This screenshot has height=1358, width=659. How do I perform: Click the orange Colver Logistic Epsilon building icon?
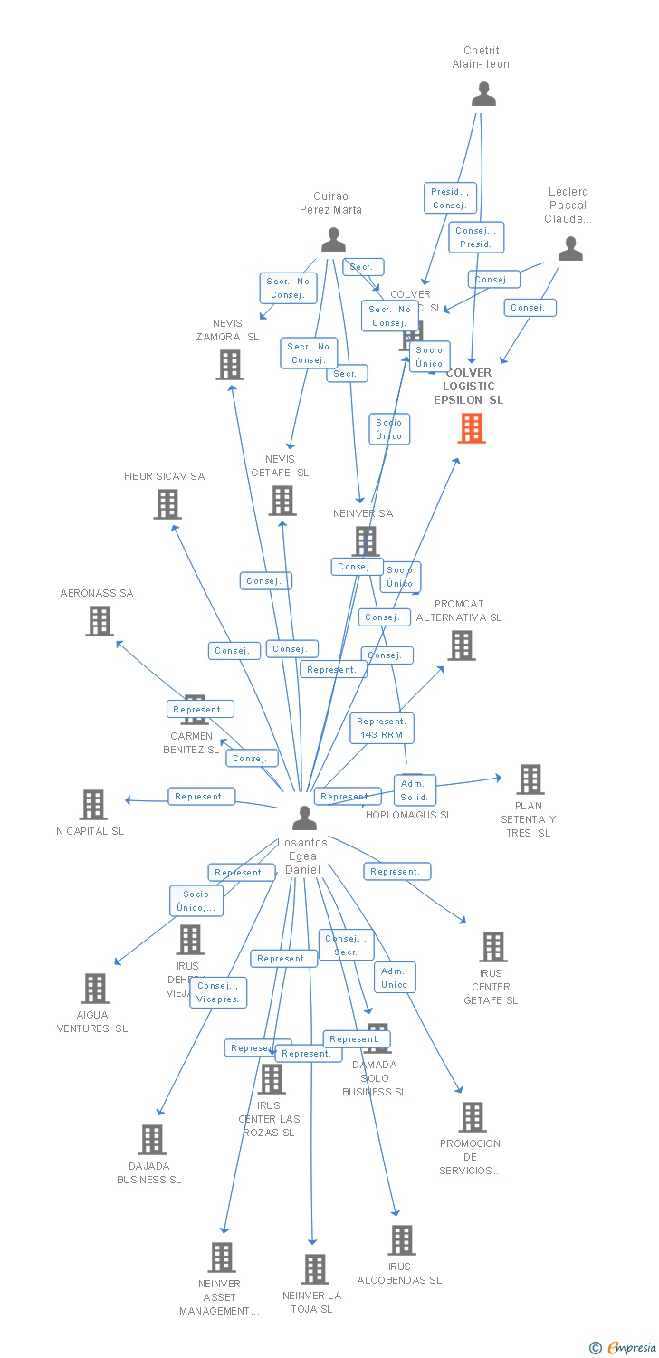(x=472, y=428)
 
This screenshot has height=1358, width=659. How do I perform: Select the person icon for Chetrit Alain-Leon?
(x=483, y=94)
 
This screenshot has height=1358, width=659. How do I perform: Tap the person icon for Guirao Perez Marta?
(x=333, y=240)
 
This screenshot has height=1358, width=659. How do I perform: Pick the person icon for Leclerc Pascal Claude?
(x=570, y=249)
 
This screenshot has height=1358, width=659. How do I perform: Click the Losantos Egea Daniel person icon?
(x=304, y=818)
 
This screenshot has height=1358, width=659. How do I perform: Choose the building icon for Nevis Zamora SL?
(x=230, y=365)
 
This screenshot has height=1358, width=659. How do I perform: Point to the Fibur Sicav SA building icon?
(x=167, y=504)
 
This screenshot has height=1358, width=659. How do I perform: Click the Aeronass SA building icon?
(x=100, y=621)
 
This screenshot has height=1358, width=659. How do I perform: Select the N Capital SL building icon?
(x=93, y=805)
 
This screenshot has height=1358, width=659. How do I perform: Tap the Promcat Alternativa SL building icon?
(x=461, y=646)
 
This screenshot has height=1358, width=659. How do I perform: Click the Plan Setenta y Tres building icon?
(x=530, y=779)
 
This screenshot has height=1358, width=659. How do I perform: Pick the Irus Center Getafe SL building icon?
(x=492, y=947)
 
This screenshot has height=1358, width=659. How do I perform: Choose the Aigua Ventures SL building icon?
(x=94, y=989)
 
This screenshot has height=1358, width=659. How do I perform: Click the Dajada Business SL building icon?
(x=152, y=1140)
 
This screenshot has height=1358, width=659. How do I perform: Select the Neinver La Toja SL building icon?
(x=314, y=1269)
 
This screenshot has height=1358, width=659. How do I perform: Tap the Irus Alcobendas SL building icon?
(x=401, y=1240)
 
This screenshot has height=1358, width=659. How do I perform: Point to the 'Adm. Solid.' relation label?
(x=414, y=790)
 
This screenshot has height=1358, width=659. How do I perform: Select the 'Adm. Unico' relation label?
(x=395, y=978)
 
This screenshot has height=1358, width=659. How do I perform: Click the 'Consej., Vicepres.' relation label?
(x=218, y=992)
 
